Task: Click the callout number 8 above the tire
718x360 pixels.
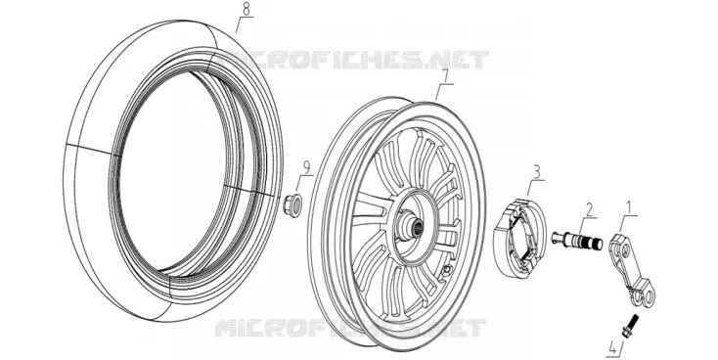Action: coord(246,10)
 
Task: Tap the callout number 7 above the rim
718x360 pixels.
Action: coord(444,77)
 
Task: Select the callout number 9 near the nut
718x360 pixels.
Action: coord(304,168)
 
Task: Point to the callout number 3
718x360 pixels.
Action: coord(537,173)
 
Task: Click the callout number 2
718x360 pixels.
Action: coord(589,209)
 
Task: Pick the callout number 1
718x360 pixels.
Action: coord(631,208)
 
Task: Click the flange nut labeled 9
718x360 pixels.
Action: coord(292,202)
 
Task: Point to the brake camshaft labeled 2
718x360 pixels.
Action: coord(576,240)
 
